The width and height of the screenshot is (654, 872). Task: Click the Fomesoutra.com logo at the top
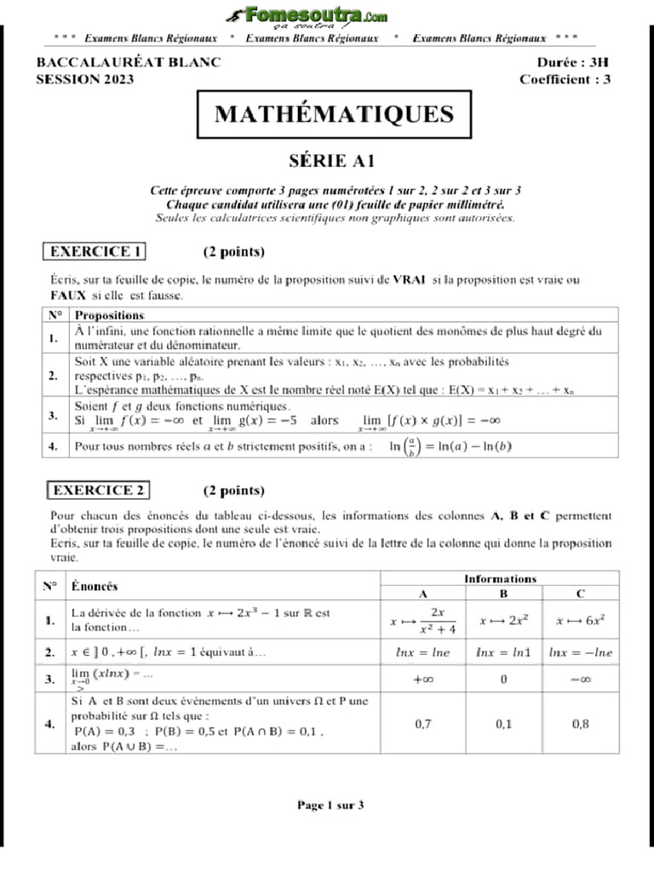tap(307, 18)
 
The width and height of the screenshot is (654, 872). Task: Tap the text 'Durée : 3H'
tap(573, 62)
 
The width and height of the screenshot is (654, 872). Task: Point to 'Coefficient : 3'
tap(565, 79)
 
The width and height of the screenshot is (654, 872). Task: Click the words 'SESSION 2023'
tap(85, 79)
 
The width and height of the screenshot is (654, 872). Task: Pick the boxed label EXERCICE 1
tap(94, 251)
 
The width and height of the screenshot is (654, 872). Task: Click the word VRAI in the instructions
tap(410, 279)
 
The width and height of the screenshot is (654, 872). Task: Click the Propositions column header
tap(111, 314)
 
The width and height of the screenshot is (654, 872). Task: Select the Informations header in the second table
tap(500, 578)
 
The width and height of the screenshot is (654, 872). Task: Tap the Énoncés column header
tap(95, 587)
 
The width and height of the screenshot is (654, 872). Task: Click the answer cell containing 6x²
tap(580, 621)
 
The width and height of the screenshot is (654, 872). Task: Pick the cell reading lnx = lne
tap(423, 652)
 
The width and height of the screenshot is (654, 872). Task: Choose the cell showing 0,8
tap(580, 724)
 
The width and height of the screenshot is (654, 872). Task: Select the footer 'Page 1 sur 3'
tap(330, 805)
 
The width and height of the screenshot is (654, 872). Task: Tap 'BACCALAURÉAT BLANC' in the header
tap(129, 62)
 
